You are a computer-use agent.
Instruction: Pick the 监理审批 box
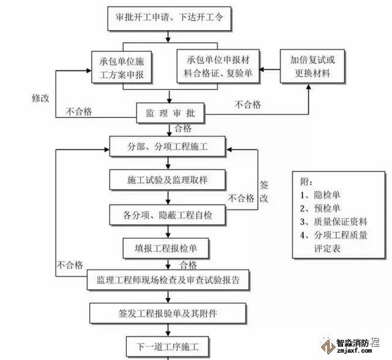point(170,114)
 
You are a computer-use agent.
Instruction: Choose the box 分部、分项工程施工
point(168,148)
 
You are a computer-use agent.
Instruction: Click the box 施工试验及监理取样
point(168,181)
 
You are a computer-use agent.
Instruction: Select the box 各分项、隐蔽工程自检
point(168,214)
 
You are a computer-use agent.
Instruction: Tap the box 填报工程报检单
point(168,249)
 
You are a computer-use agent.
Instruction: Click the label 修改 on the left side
point(41,98)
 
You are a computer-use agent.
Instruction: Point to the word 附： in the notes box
point(307,182)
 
